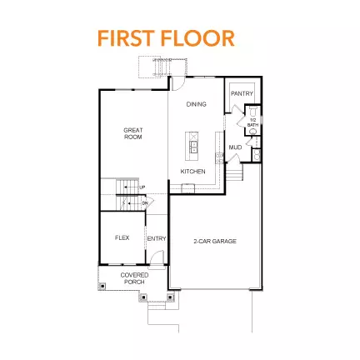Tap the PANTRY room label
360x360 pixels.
click(242, 94)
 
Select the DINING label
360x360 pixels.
click(196, 104)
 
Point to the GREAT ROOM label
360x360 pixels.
click(132, 132)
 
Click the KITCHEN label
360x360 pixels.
click(192, 172)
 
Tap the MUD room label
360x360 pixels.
click(236, 147)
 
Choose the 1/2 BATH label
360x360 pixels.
click(253, 122)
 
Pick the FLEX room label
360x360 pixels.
click(122, 237)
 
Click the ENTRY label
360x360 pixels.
click(157, 239)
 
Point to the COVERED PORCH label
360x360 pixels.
click(133, 278)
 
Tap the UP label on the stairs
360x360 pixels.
click(142, 187)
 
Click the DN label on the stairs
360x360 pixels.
click(144, 202)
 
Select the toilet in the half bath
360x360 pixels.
click(255, 137)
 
